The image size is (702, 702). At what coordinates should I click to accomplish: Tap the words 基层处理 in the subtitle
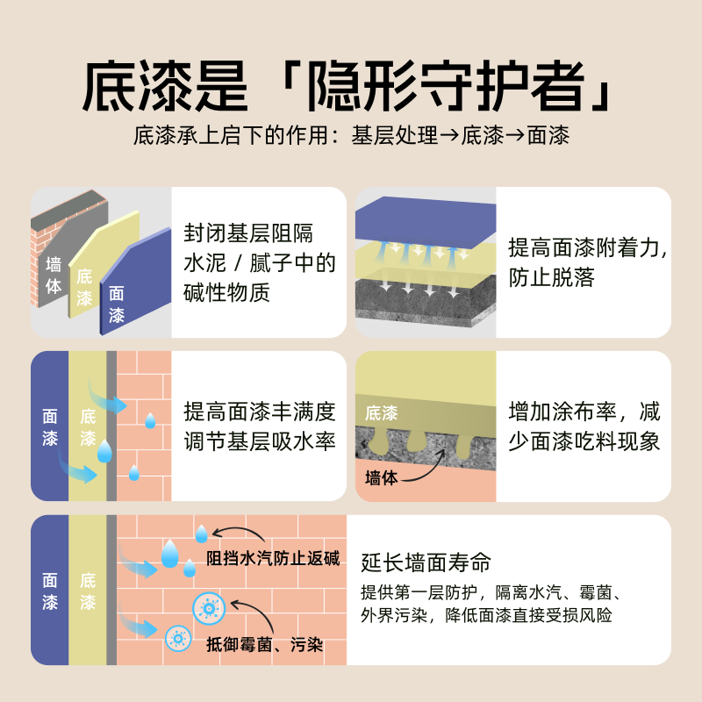[394, 136]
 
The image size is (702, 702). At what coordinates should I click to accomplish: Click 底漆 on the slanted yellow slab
[84, 287]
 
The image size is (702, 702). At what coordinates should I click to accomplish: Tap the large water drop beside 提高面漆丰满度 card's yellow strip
[104, 451]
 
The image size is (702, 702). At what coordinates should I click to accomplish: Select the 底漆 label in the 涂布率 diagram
[381, 412]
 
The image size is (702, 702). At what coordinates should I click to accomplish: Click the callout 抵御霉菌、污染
[264, 645]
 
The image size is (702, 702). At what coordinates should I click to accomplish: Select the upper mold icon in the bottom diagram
[209, 606]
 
